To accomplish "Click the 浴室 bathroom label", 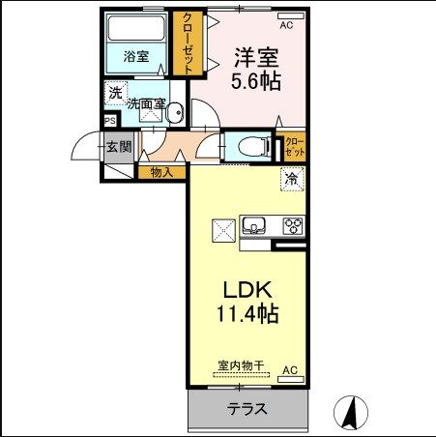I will click(136, 56).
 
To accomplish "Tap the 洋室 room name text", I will click(255, 56).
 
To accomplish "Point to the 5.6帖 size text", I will click(255, 81).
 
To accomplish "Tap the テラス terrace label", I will click(247, 409).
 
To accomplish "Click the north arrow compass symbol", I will click(353, 413).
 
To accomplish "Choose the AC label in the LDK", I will click(289, 369).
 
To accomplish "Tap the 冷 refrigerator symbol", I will click(291, 179).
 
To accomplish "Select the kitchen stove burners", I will click(292, 225).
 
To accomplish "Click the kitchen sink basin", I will click(254, 226).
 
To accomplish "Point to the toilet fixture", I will click(248, 147).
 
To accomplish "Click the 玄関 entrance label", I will click(119, 147).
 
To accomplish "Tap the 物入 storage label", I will click(161, 173).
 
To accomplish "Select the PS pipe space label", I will click(109, 122).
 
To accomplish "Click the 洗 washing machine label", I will click(115, 94).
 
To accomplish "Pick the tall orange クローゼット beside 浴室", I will click(189, 44).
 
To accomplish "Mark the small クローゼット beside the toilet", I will click(294, 147).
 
